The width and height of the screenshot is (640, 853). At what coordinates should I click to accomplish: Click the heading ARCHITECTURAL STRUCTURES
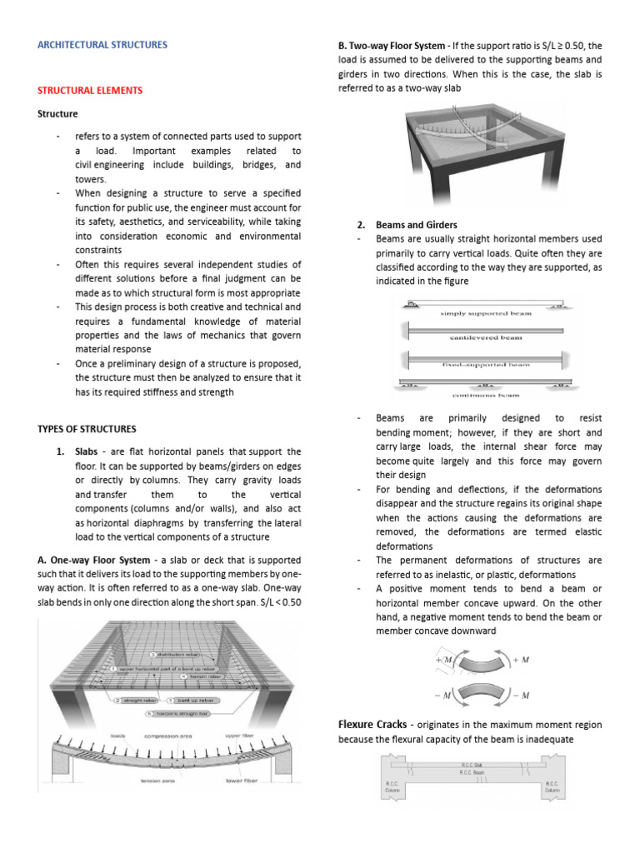(102, 44)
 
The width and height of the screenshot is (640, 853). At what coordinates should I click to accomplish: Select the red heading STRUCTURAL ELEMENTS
(90, 90)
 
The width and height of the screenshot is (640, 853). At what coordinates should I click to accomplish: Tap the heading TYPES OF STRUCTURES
(87, 429)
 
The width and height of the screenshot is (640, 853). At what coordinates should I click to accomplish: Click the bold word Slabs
(87, 451)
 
